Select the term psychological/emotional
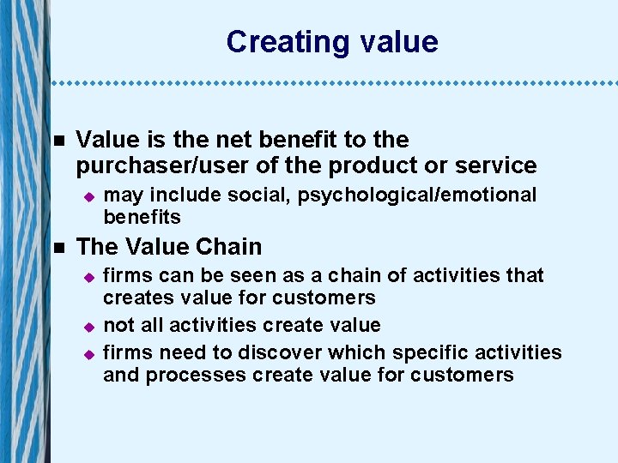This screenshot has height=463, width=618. pyautogui.click(x=417, y=195)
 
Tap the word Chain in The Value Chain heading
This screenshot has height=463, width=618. pyautogui.click(x=227, y=247)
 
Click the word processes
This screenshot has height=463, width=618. pyautogui.click(x=187, y=375)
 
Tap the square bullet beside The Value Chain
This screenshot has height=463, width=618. pyautogui.click(x=58, y=248)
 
